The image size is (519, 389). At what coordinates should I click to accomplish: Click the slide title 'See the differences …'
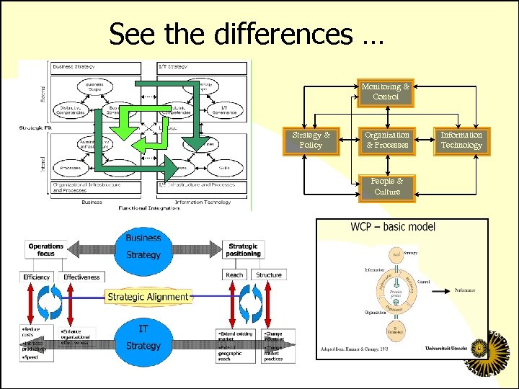pyautogui.click(x=247, y=33)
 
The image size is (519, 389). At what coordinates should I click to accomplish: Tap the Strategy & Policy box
pyautogui.click(x=311, y=140)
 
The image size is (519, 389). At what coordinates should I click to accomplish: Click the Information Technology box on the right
pyautogui.click(x=461, y=140)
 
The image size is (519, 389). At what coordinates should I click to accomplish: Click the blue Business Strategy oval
pyautogui.click(x=143, y=246)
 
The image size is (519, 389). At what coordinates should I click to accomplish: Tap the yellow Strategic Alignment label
pyautogui.click(x=148, y=297)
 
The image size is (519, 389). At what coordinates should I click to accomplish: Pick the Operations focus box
pyautogui.click(x=46, y=250)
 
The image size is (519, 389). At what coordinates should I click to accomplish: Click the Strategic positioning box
pyautogui.click(x=243, y=250)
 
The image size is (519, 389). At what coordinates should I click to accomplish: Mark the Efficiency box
pyautogui.click(x=37, y=277)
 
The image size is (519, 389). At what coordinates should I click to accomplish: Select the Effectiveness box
pyautogui.click(x=81, y=277)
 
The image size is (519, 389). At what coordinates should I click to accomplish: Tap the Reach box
pyautogui.click(x=235, y=275)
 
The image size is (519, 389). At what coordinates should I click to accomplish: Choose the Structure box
pyautogui.click(x=269, y=275)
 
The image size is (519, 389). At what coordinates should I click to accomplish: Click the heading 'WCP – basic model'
pyautogui.click(x=393, y=227)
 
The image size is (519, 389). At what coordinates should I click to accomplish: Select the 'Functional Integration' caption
pyautogui.click(x=144, y=207)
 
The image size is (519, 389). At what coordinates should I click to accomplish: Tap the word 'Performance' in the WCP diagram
pyautogui.click(x=465, y=290)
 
